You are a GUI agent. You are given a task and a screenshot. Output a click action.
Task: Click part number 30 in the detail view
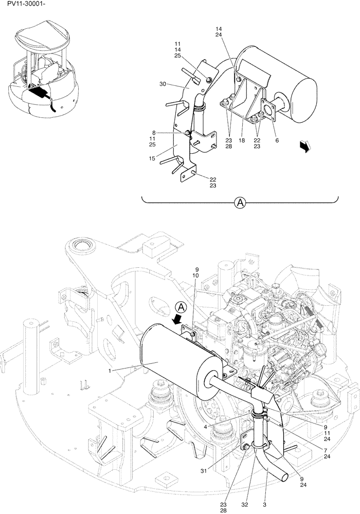click(x=163, y=84)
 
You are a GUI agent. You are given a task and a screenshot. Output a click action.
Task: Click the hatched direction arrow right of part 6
click(x=305, y=147)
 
